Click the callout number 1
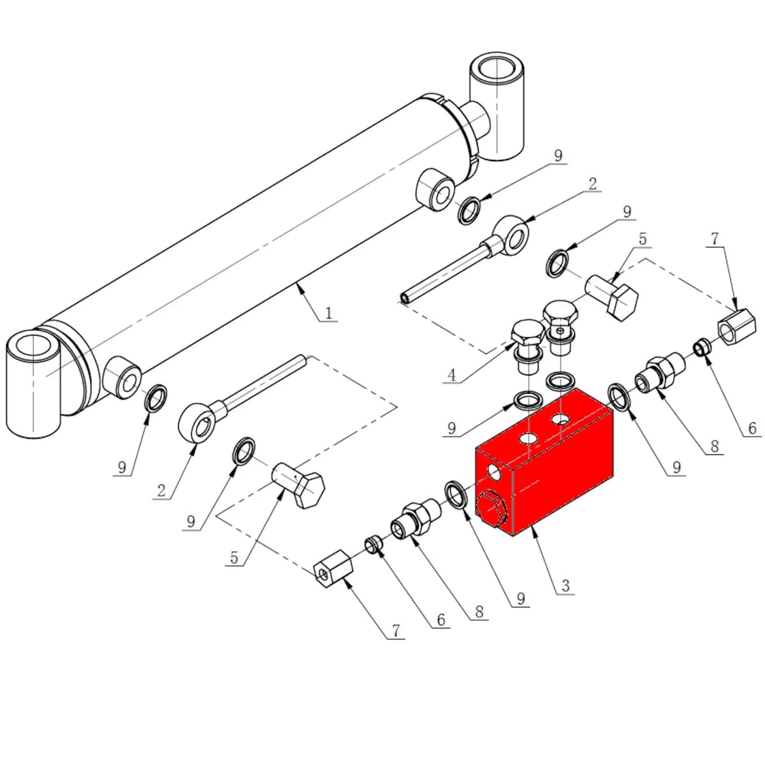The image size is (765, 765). pyautogui.click(x=328, y=314)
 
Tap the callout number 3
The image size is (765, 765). pyautogui.click(x=565, y=585)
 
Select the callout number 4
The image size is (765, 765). pyautogui.click(x=452, y=375)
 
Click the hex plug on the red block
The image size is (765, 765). pyautogui.click(x=491, y=510)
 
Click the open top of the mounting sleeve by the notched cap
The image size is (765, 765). pyautogui.click(x=496, y=68)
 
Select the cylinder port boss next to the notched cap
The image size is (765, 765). pyautogui.click(x=435, y=190)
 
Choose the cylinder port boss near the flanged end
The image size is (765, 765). pyautogui.click(x=122, y=378)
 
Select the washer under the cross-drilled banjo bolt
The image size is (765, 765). pyautogui.click(x=560, y=381)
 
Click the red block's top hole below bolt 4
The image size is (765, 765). pyautogui.click(x=528, y=438)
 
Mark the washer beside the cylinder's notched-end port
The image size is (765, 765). pyautogui.click(x=469, y=210)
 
